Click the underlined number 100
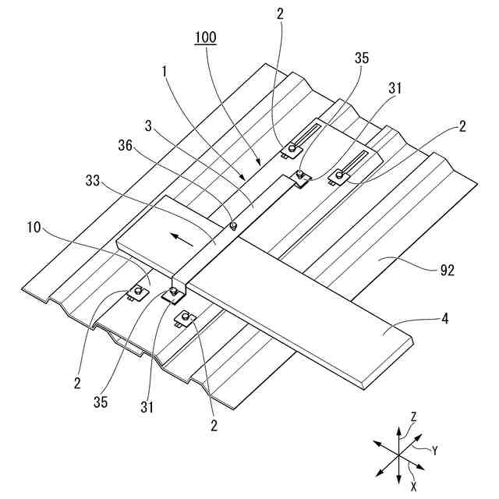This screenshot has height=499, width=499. click(207, 36)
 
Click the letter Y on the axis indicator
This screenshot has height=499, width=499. click(435, 450)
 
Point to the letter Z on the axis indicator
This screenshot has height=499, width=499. click(413, 418)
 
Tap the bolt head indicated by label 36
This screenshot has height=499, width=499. click(234, 226)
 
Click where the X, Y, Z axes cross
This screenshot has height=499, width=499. click(399, 455)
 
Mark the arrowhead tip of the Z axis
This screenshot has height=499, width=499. click(399, 428)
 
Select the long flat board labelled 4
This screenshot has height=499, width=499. click(327, 312)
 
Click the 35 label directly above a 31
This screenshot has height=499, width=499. click(361, 57)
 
